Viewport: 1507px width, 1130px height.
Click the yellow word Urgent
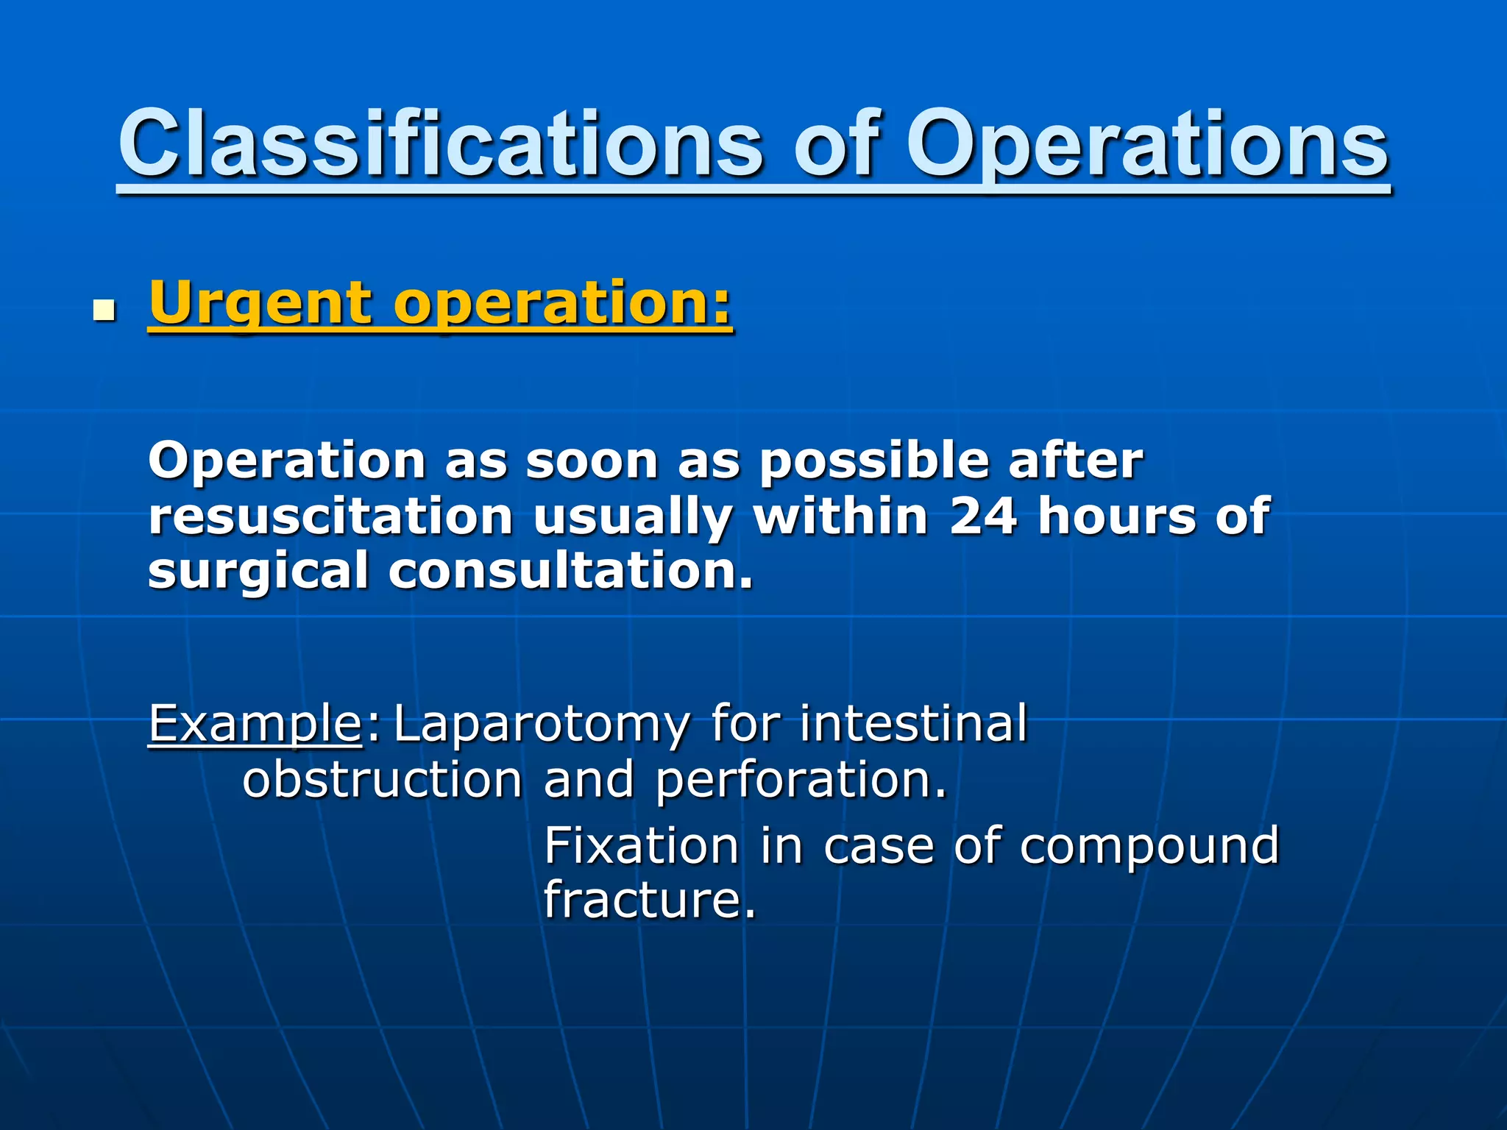click(x=261, y=303)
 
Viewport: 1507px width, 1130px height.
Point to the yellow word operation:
click(x=563, y=303)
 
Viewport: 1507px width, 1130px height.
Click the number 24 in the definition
click(x=983, y=516)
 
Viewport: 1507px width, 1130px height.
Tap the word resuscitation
click(x=330, y=516)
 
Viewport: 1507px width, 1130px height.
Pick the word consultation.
click(x=570, y=572)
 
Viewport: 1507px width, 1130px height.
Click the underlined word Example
click(x=255, y=724)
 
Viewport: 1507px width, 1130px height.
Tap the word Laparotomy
click(x=542, y=724)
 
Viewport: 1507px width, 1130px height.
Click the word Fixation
click(x=641, y=846)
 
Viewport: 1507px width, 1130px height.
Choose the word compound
click(x=1149, y=846)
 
